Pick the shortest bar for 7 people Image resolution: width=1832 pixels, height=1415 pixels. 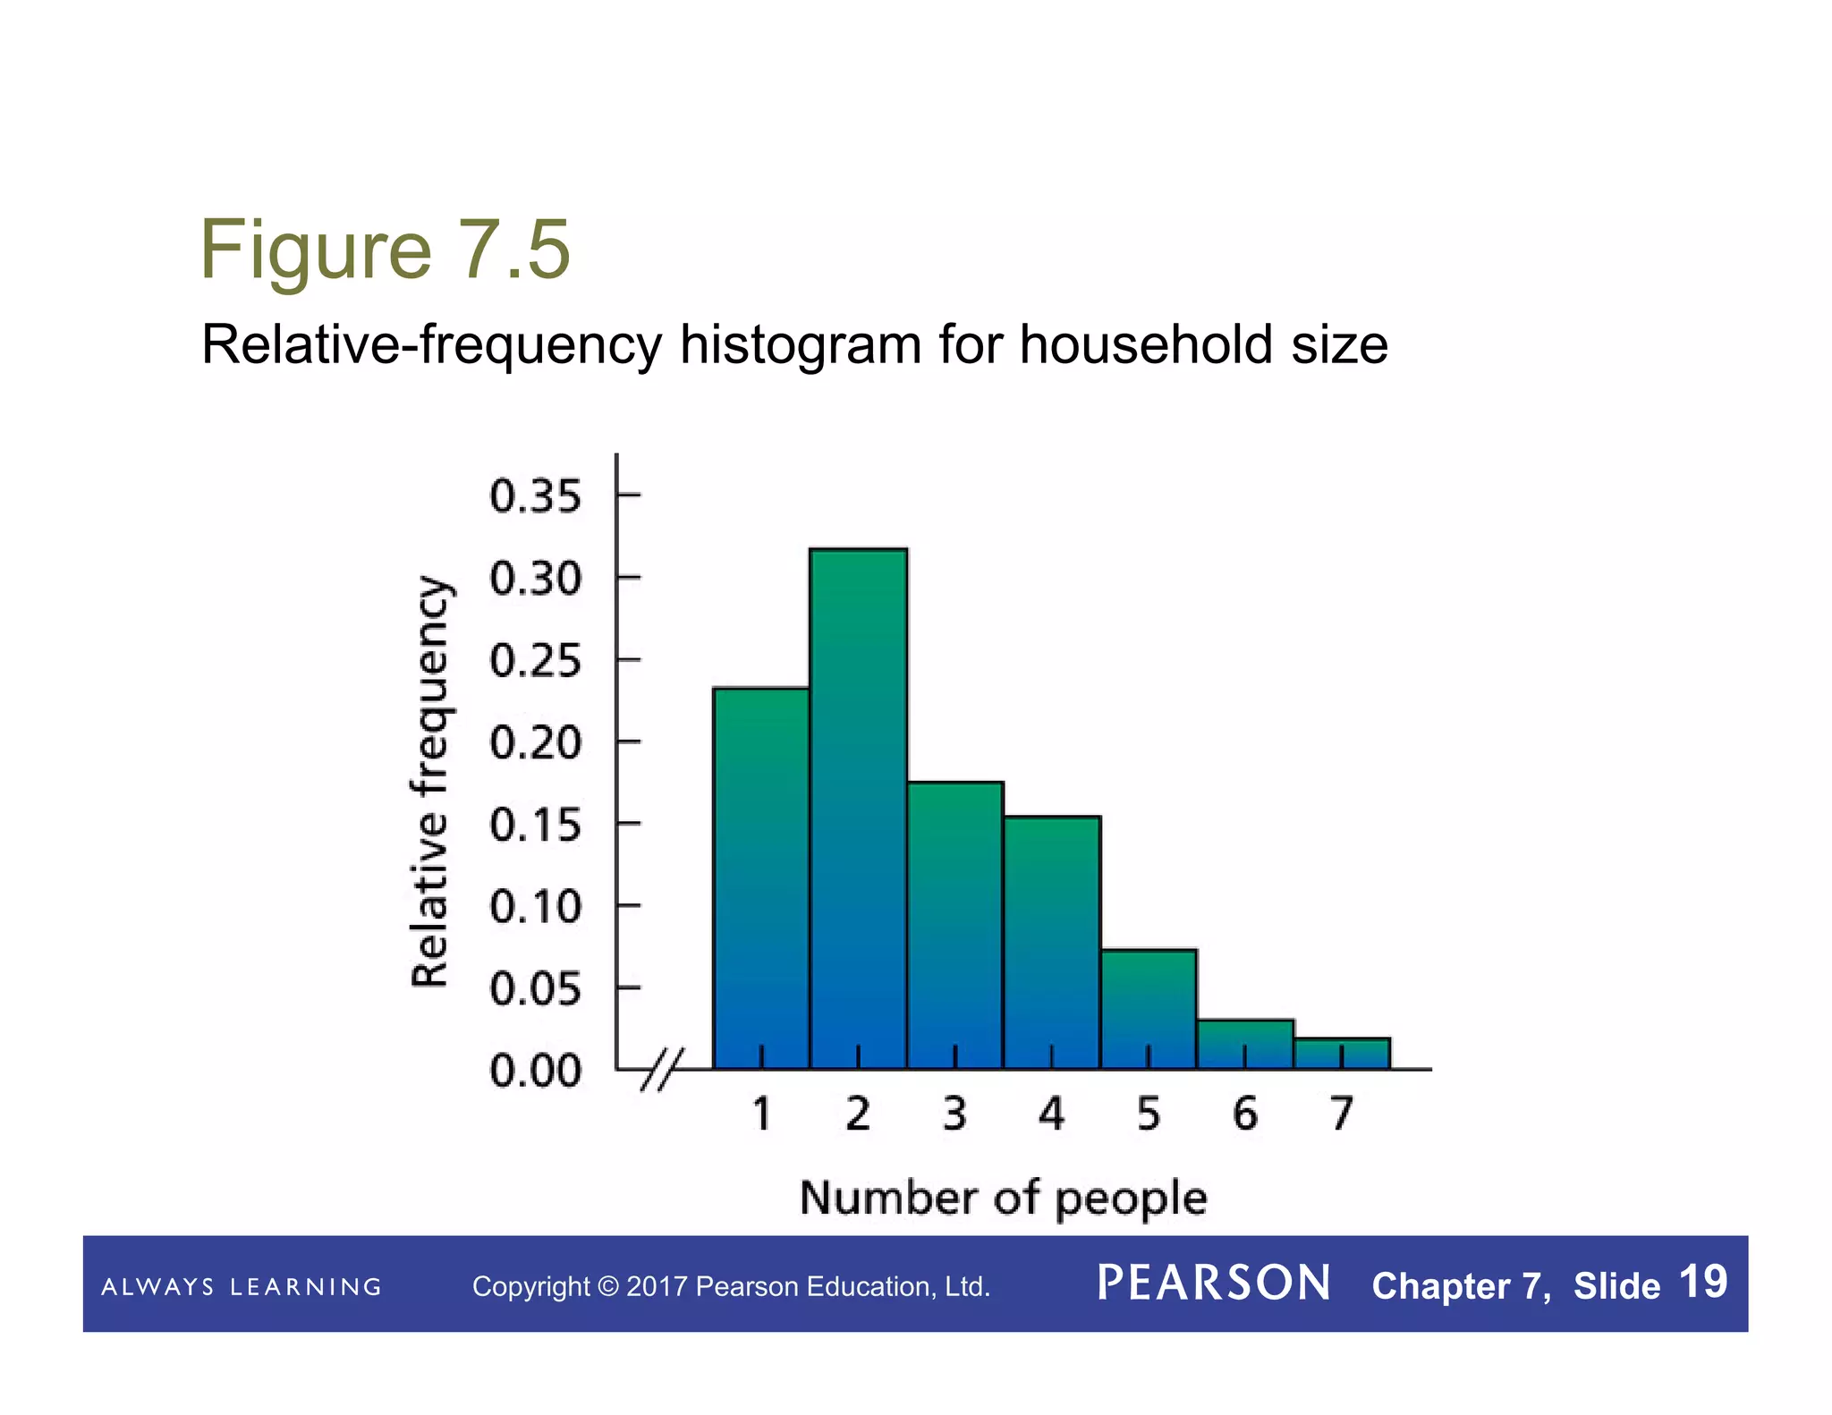coord(1341,1054)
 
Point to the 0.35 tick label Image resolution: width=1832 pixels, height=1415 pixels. coord(535,496)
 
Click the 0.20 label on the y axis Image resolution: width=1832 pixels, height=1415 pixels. coord(535,743)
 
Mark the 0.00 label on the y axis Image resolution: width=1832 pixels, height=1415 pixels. coord(535,1071)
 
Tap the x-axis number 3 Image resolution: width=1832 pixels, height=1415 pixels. coord(954,1114)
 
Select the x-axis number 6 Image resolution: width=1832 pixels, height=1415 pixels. coord(1244,1114)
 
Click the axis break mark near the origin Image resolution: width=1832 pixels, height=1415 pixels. coord(663,1069)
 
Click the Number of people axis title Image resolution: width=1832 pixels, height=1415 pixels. coord(1003,1198)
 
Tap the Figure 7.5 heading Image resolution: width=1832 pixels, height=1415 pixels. coord(385,250)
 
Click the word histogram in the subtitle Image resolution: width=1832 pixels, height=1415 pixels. coord(801,345)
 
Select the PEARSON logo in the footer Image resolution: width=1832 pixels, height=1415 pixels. coord(1214,1284)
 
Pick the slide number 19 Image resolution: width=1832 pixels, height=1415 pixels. coord(1703,1282)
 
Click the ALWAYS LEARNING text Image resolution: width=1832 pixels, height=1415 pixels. coord(242,1287)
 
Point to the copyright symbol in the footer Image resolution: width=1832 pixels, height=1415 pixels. coord(607,1287)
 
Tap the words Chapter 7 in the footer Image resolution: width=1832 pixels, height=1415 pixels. coord(1458,1286)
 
